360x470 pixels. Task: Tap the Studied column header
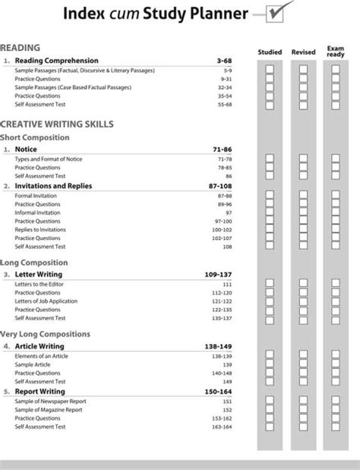tap(270, 52)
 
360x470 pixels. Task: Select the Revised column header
tap(303, 52)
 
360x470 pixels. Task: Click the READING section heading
tap(21, 47)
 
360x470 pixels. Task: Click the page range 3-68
tap(223, 60)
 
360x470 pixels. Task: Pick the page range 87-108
tap(219, 185)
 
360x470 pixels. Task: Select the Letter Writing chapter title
tap(39, 273)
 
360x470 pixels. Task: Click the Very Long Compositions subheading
tap(46, 333)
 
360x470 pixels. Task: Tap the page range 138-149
tap(217, 346)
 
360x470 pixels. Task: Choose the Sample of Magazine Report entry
tap(49, 409)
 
